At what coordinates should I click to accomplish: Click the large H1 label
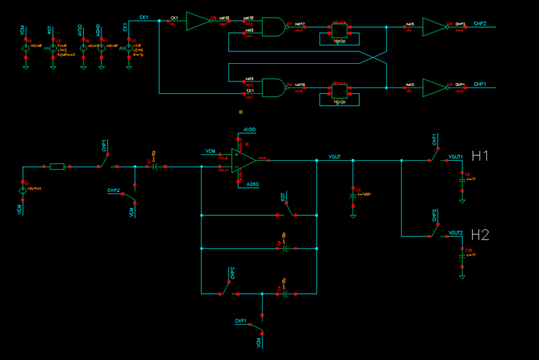tap(480, 156)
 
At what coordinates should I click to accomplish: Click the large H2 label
tap(480, 235)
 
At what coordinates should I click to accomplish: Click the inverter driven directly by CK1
tap(198, 21)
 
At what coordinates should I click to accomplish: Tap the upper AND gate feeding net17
tap(273, 27)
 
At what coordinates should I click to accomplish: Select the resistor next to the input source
tap(57, 167)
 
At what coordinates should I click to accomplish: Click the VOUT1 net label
tap(455, 157)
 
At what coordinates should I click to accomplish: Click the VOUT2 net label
tap(455, 233)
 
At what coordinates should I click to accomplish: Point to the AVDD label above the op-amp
tap(250, 129)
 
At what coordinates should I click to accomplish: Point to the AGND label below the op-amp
tap(252, 184)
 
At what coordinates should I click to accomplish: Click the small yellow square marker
tap(241, 112)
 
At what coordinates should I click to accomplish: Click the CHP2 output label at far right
tap(480, 24)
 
